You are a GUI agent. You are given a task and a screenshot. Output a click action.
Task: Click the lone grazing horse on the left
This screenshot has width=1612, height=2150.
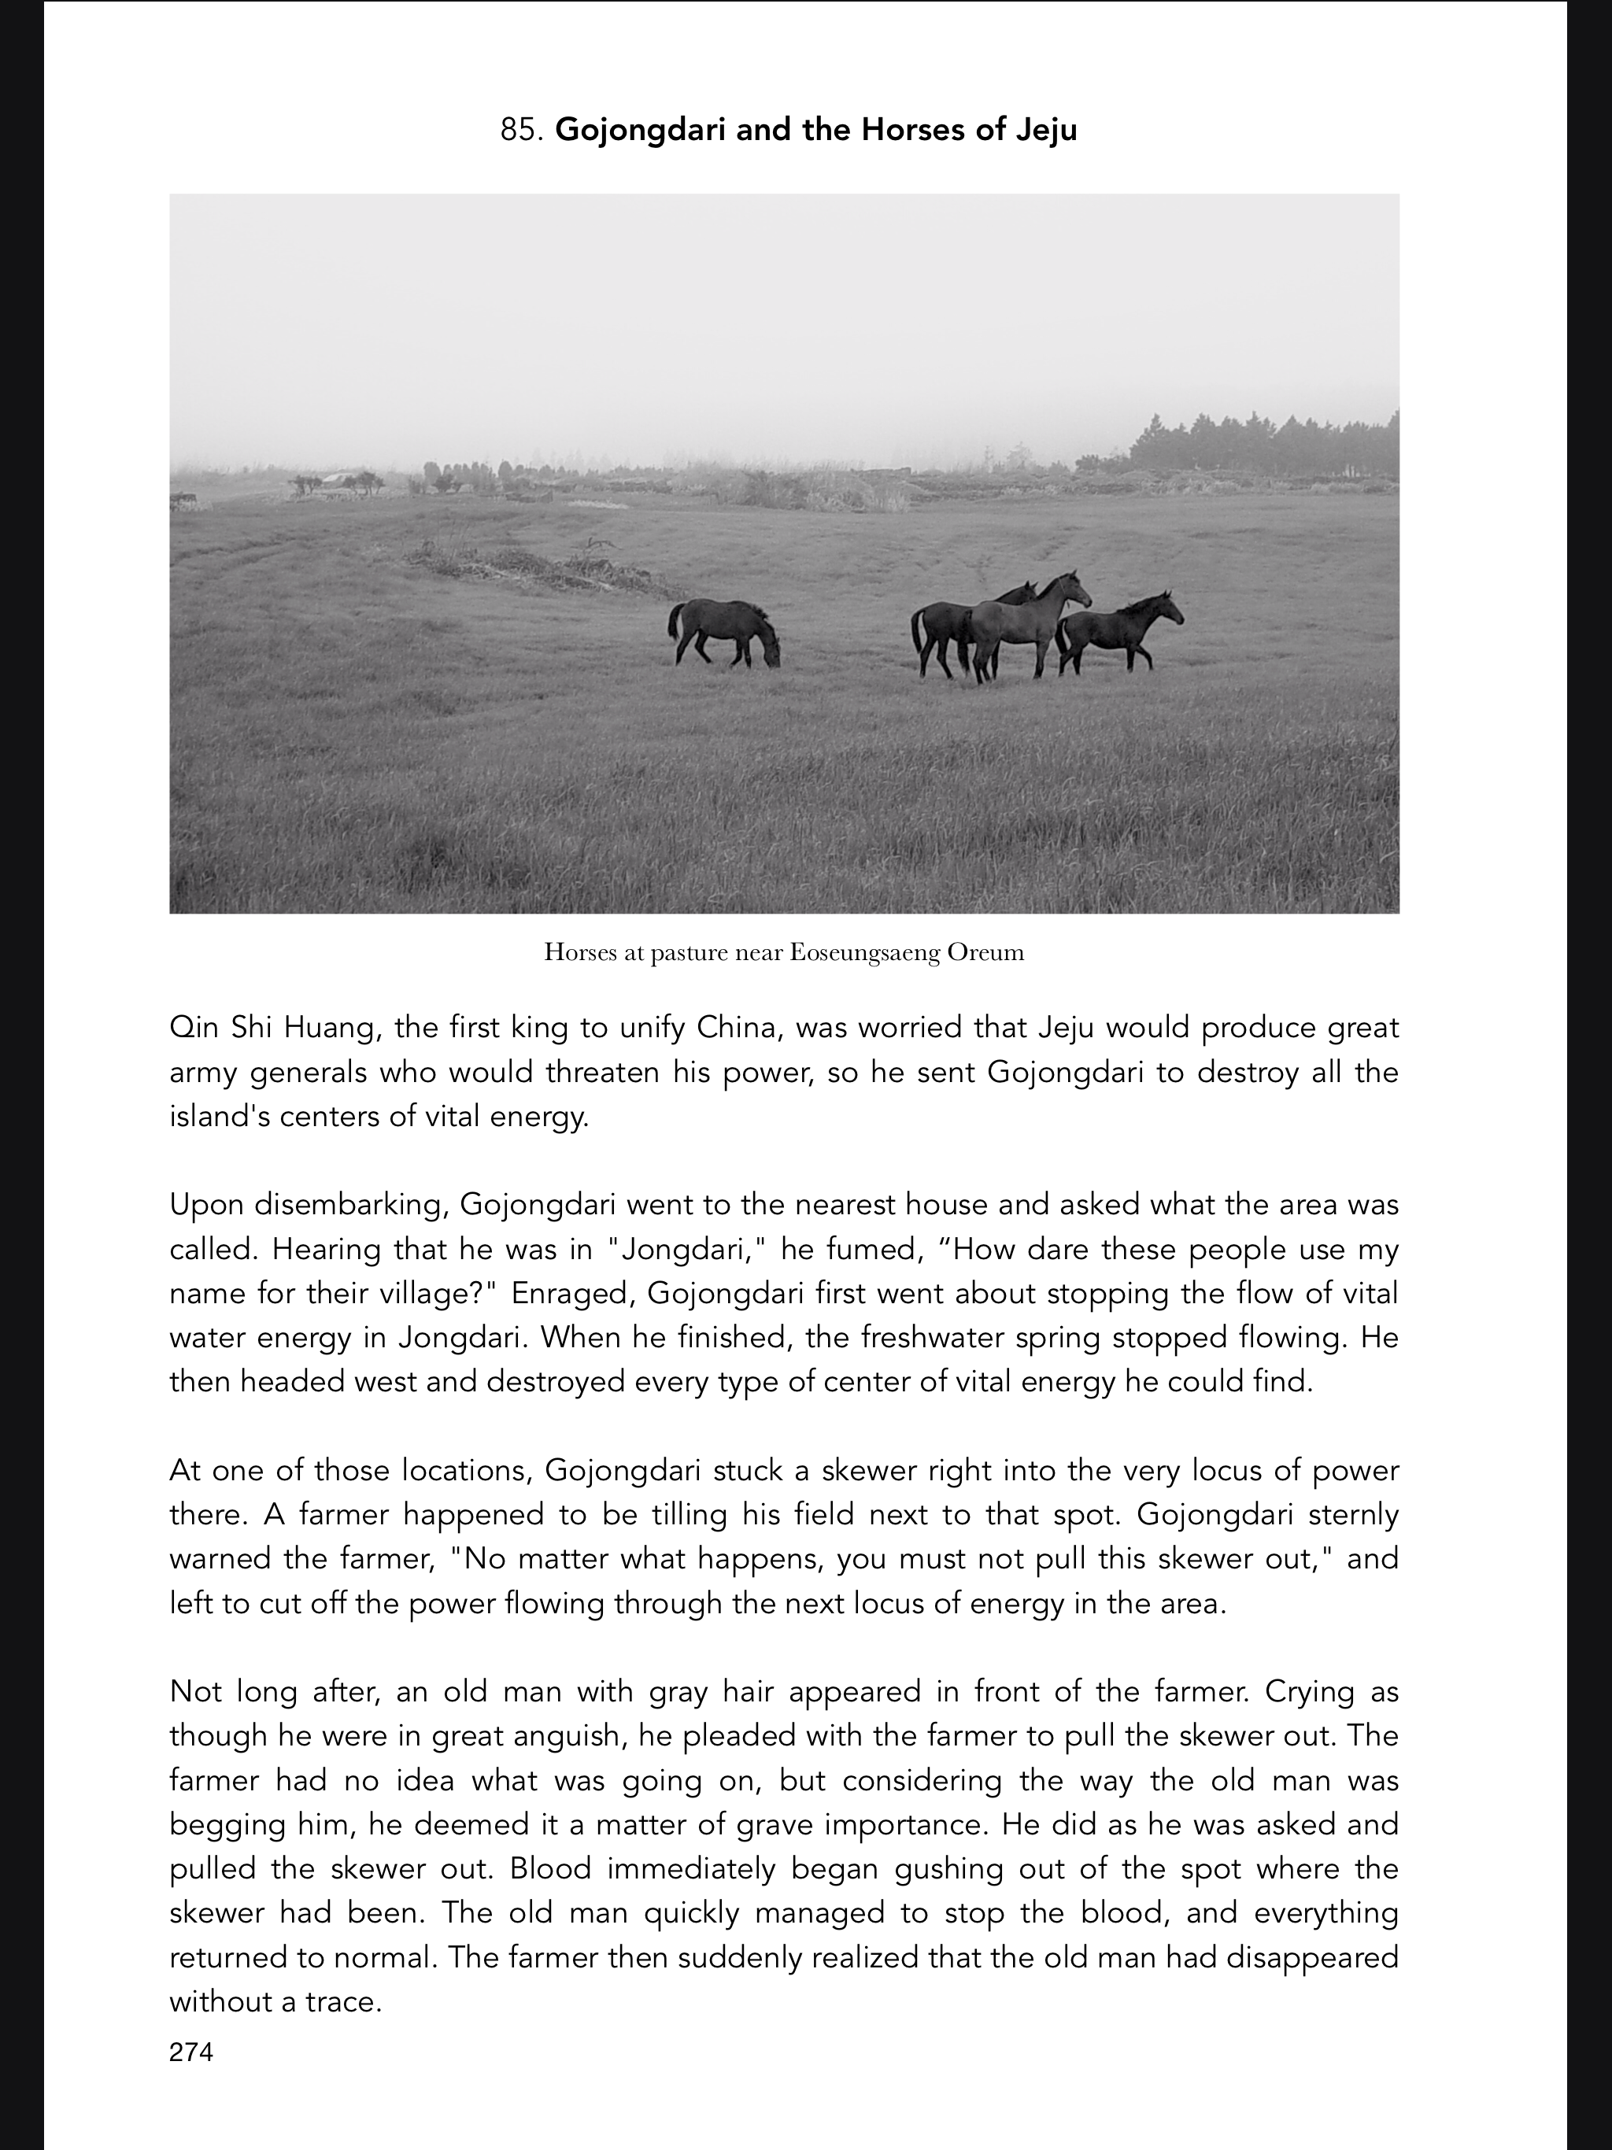[723, 632]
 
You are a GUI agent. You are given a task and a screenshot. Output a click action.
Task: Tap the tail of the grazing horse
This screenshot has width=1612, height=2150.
[673, 622]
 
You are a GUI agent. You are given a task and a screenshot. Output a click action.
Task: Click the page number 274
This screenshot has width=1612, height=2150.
[190, 2051]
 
